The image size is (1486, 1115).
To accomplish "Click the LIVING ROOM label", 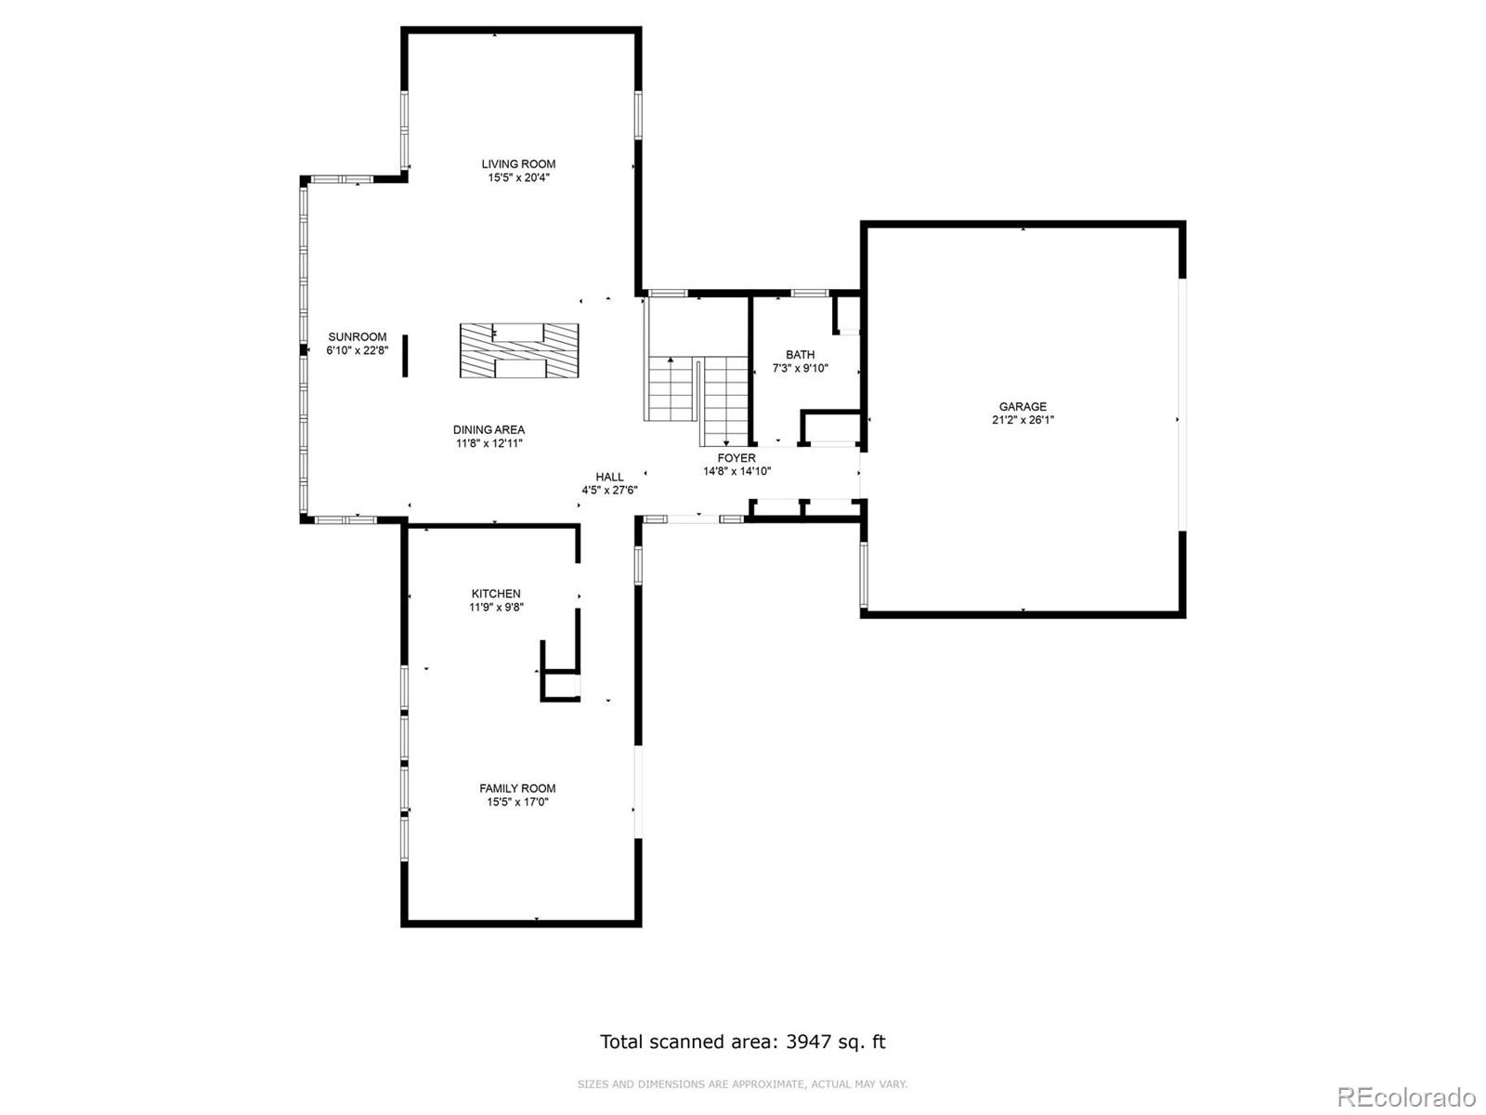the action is click(518, 164).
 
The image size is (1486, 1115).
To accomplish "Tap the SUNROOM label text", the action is click(358, 336).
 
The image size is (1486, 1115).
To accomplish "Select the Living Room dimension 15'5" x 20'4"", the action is click(518, 178).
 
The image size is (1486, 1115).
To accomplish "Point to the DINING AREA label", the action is click(489, 429).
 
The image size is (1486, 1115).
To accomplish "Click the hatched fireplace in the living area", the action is click(519, 350).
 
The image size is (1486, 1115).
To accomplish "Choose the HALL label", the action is click(609, 477).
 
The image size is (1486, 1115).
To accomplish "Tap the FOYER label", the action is click(736, 458).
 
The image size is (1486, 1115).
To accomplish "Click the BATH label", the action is click(801, 354).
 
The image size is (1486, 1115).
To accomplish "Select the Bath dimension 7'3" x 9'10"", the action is click(801, 368).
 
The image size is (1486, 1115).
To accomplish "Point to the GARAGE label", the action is click(1023, 406).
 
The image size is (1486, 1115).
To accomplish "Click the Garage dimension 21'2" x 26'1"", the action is click(1023, 420).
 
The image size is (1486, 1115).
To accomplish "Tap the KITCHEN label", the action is click(496, 593).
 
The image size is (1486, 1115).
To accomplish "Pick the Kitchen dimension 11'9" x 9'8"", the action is click(496, 608).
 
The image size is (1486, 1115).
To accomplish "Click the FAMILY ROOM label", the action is click(517, 788).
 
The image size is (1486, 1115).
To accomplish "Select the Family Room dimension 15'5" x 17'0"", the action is click(517, 802).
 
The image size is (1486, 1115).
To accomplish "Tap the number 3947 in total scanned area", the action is click(808, 1042).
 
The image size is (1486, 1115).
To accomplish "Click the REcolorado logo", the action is click(1407, 1096).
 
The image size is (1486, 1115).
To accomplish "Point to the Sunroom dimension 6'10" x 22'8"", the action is click(358, 350).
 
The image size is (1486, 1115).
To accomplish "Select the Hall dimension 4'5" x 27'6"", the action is click(609, 491).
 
